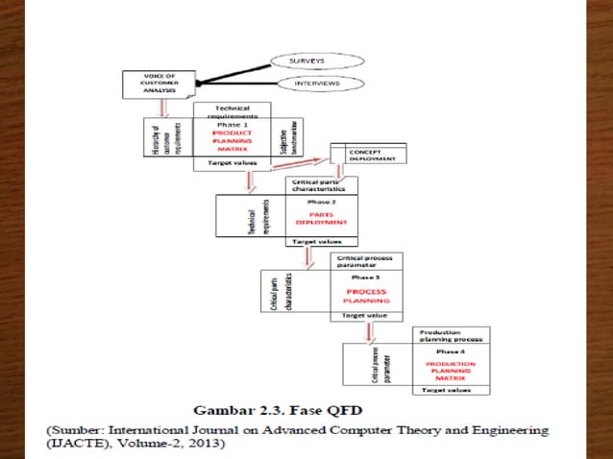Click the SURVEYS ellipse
click(x=309, y=60)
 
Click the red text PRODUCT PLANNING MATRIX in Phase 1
click(x=231, y=138)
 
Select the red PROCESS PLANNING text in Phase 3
click(x=367, y=294)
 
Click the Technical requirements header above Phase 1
click(x=231, y=111)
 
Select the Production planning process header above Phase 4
click(x=451, y=336)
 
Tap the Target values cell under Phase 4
click(x=451, y=391)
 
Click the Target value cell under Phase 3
click(x=367, y=315)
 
